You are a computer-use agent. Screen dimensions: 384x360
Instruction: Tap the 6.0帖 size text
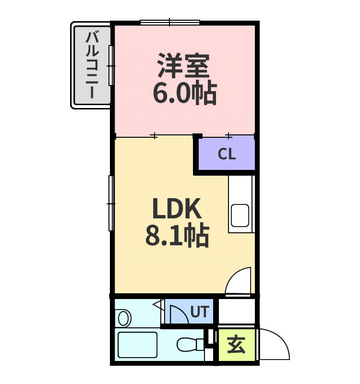[x=184, y=93]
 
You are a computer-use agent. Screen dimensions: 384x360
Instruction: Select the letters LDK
[x=176, y=209]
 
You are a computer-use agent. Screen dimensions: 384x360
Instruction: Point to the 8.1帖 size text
[x=177, y=235]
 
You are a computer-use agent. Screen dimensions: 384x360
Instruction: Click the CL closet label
[x=227, y=154]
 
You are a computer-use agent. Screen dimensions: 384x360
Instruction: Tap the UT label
[x=199, y=312]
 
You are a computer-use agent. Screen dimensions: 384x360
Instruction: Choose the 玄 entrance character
[x=236, y=345]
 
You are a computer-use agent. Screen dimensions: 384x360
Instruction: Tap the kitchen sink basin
[x=240, y=215]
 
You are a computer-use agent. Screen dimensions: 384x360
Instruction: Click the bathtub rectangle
[x=137, y=345]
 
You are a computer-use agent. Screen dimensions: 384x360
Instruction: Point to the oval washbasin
[x=124, y=318]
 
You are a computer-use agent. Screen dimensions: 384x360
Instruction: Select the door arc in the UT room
[x=178, y=314]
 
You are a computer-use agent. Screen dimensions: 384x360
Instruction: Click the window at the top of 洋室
[x=170, y=22]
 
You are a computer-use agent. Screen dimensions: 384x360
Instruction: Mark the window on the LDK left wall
[x=111, y=204]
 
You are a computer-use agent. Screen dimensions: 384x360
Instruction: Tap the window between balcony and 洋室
[x=111, y=65]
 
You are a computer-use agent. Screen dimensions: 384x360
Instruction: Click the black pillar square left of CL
[x=197, y=136]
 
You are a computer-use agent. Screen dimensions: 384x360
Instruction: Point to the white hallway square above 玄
[x=237, y=311]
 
